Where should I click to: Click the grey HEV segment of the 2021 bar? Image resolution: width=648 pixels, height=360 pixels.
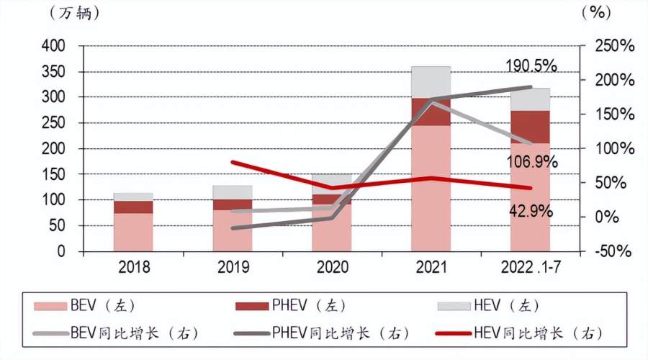pyautogui.click(x=431, y=81)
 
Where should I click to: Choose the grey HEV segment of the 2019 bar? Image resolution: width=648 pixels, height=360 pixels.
pyautogui.click(x=232, y=192)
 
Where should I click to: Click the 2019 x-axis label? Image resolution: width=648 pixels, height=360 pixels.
pyautogui.click(x=232, y=267)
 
